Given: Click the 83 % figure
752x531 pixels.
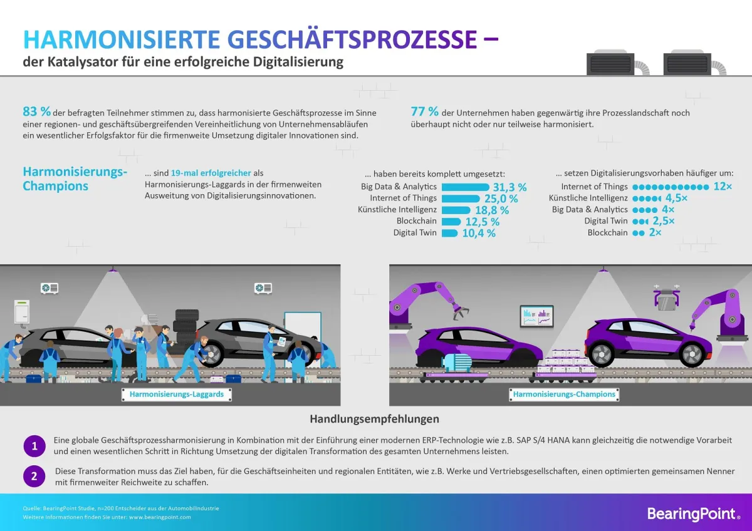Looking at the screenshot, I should [x=36, y=112].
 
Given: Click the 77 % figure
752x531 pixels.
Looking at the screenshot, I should [x=424, y=112].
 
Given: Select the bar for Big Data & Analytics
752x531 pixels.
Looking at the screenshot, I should [x=465, y=187].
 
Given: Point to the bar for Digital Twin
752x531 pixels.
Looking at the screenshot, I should [x=449, y=233].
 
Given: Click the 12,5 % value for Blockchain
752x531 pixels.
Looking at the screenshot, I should [x=482, y=222].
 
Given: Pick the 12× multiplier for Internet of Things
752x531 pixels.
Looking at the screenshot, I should [x=723, y=187].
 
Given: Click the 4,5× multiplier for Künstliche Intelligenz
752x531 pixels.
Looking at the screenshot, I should [x=676, y=198].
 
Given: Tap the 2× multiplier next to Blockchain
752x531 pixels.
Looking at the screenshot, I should [x=655, y=232].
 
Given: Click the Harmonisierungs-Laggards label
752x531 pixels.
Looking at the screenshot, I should [x=176, y=394].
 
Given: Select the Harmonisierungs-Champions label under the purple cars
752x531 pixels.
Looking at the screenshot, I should [x=564, y=394].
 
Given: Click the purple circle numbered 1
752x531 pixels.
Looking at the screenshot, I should [x=34, y=446].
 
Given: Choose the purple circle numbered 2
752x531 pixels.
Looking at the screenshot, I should [x=34, y=476].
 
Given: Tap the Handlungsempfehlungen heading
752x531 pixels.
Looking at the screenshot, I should [x=374, y=419].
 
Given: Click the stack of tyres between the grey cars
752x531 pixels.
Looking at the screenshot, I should [x=186, y=326].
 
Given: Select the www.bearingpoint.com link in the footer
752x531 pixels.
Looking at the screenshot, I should [x=160, y=517].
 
